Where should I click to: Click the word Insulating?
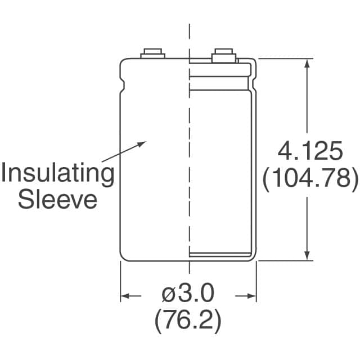tap(57, 173)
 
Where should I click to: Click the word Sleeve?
tap(57, 200)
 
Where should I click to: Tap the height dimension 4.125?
tap(310, 151)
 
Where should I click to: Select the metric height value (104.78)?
tap(310, 178)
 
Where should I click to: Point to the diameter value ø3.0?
tap(188, 293)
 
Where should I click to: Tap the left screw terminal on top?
tap(152, 53)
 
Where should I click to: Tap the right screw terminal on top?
tap(224, 55)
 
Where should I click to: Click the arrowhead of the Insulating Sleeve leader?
tap(142, 144)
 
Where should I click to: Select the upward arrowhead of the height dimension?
tap(307, 64)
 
